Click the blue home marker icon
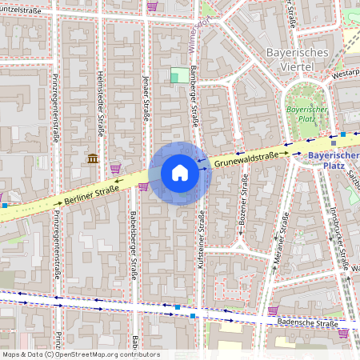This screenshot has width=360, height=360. pyautogui.click(x=180, y=173)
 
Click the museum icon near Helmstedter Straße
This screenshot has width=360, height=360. pyautogui.click(x=93, y=158)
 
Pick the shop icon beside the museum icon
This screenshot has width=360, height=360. pyautogui.click(x=116, y=168)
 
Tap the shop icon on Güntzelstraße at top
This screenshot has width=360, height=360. pyautogui.click(x=151, y=6)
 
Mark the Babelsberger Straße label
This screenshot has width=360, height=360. pyautogui.click(x=134, y=244)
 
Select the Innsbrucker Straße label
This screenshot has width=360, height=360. pyautogui.click(x=339, y=234)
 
